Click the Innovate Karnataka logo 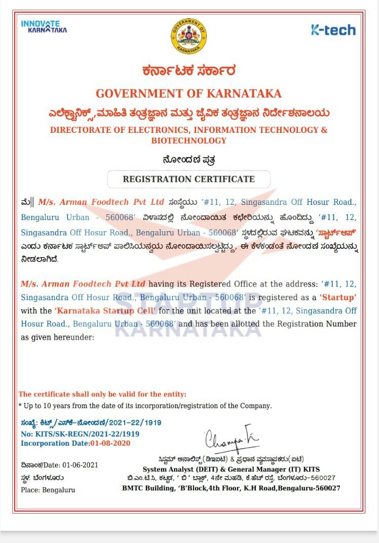click(x=44, y=26)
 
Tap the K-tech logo click(x=333, y=30)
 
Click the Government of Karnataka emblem click(x=188, y=35)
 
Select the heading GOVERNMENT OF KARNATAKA click(x=188, y=93)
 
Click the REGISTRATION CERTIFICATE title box click(x=188, y=179)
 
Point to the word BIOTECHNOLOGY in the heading click(x=188, y=140)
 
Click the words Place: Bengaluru click(x=48, y=490)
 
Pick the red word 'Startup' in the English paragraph click(x=337, y=297)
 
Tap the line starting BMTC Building click(x=231, y=488)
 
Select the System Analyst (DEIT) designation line click(x=231, y=469)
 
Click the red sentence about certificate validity click(x=102, y=394)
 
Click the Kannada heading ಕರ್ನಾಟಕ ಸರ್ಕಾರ click(x=188, y=71)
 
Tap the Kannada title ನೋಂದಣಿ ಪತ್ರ click(x=188, y=160)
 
